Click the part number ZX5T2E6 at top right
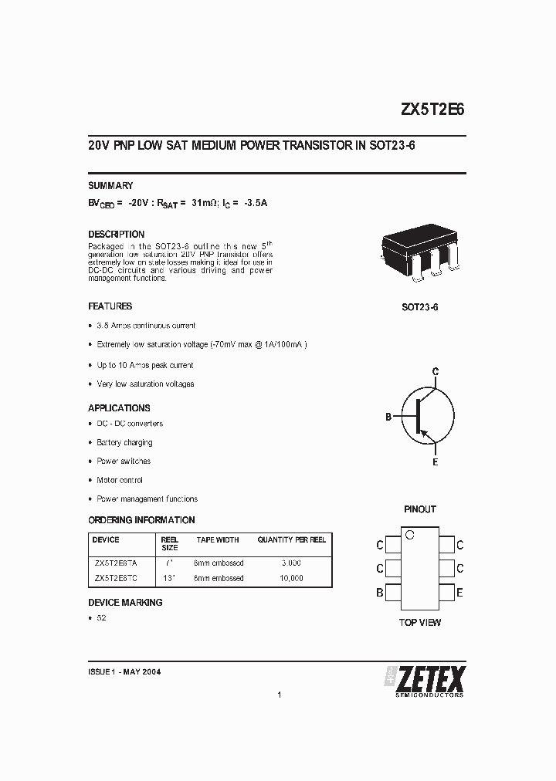point(432,110)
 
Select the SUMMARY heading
point(110,186)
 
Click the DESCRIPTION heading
point(116,235)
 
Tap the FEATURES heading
point(110,306)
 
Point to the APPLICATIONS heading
point(119,408)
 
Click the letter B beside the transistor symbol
point(388,417)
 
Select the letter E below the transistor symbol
point(436,461)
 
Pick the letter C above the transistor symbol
point(436,372)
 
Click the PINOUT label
point(420,509)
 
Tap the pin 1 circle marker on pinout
point(410,534)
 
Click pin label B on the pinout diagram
point(380,593)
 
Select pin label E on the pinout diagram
point(460,593)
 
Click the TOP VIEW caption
point(420,622)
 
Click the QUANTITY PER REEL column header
point(291,540)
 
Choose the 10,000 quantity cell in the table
point(290,578)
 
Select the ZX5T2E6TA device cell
point(116,563)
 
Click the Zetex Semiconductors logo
point(425,680)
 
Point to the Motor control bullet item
point(120,480)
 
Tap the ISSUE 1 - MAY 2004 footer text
point(124,672)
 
